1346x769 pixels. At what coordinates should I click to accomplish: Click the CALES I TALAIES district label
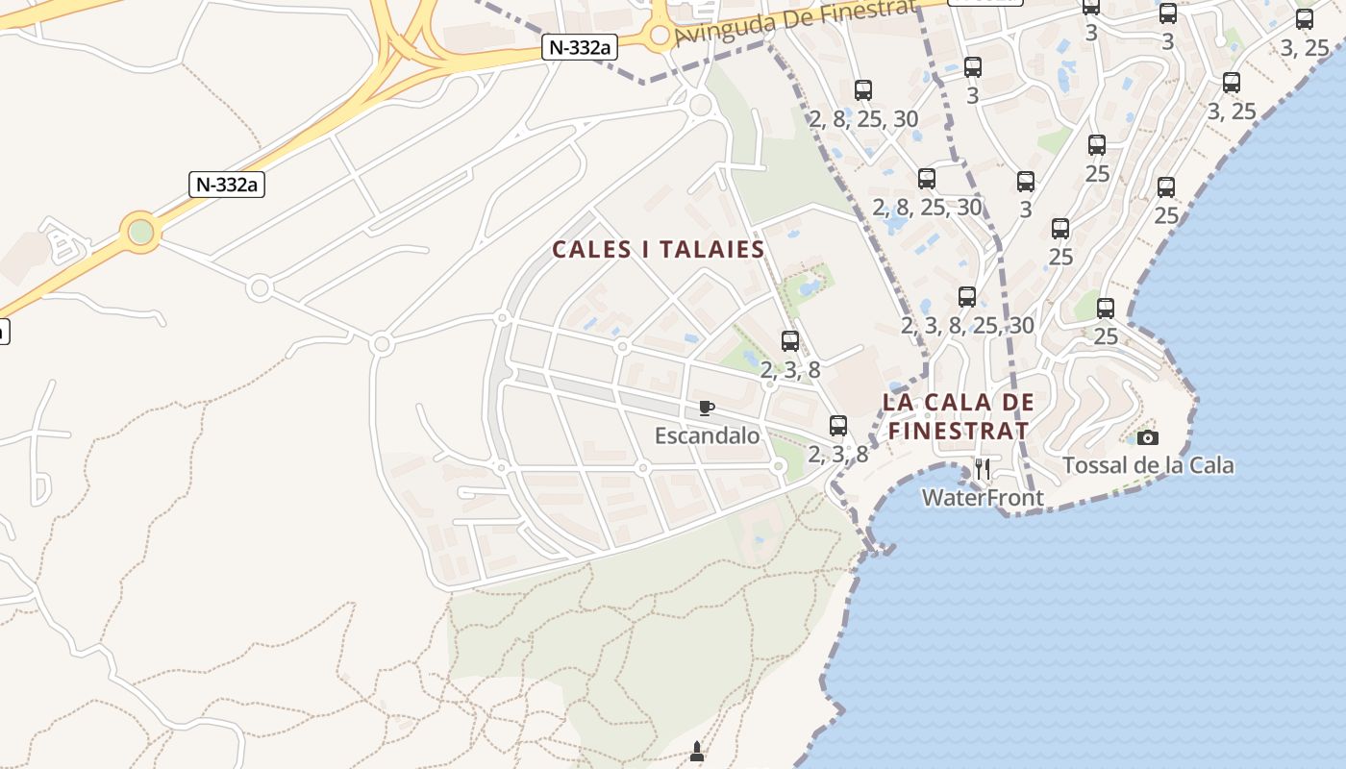(658, 250)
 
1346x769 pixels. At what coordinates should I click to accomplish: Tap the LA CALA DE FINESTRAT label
(959, 416)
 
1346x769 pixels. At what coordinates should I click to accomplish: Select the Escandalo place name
(707, 436)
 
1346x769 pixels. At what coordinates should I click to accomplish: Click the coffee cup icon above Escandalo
(707, 409)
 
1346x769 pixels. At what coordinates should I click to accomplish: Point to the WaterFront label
(983, 498)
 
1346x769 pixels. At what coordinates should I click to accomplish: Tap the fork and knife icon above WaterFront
(982, 469)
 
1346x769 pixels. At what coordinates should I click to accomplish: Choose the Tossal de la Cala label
(1148, 466)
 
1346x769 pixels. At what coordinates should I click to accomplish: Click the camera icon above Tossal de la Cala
(1147, 438)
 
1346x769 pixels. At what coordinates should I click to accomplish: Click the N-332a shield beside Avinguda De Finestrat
(579, 47)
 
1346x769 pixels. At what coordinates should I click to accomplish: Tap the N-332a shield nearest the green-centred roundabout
(226, 185)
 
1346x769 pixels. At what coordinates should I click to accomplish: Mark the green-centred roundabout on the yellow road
(141, 232)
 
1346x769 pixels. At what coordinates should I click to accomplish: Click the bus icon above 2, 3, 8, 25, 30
(967, 297)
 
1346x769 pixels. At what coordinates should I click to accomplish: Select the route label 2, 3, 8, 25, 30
(967, 326)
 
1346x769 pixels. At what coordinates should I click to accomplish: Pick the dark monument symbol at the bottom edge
(697, 752)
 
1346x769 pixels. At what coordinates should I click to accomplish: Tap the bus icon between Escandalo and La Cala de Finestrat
(838, 425)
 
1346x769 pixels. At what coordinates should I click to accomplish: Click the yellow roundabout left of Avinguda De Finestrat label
(660, 37)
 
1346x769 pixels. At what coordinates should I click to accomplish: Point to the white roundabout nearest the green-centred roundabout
(259, 287)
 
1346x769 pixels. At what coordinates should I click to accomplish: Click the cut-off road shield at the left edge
(3, 332)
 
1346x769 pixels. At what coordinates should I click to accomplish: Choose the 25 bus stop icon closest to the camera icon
(1106, 309)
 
